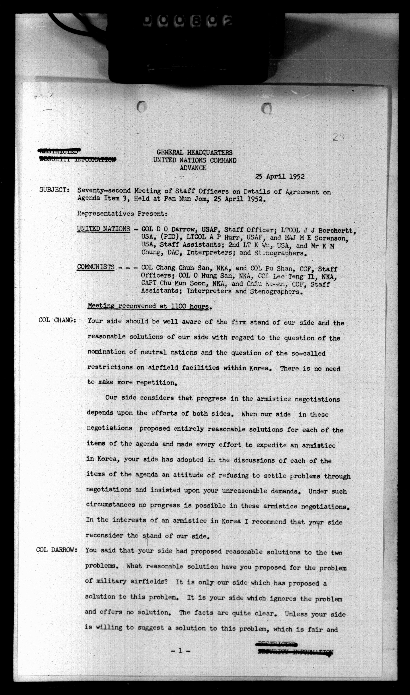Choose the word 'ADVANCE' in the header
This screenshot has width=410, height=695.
click(193, 168)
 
